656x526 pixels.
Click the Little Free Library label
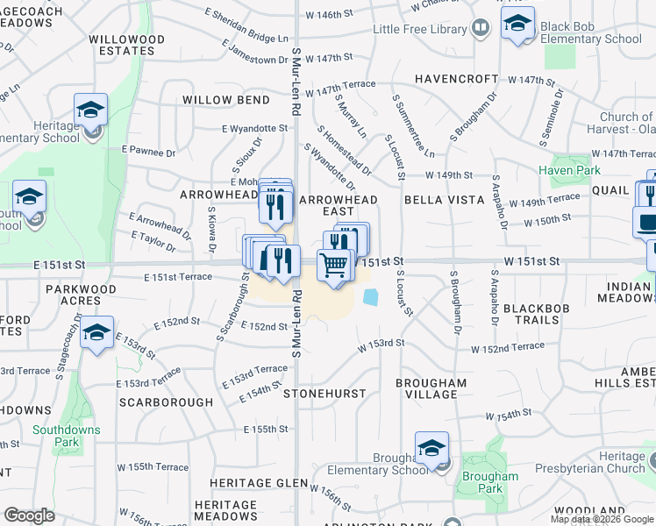pos(419,29)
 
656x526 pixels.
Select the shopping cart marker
pos(334,266)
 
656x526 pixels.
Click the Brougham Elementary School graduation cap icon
pos(431,450)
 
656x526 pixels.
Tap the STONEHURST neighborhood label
pos(333,394)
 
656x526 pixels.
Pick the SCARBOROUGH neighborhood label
pos(166,402)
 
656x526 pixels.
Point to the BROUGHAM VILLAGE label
pos(431,388)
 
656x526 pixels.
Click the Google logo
pos(29,515)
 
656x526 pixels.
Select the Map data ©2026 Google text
pos(602,519)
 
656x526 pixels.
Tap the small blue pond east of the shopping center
pos(370,298)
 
